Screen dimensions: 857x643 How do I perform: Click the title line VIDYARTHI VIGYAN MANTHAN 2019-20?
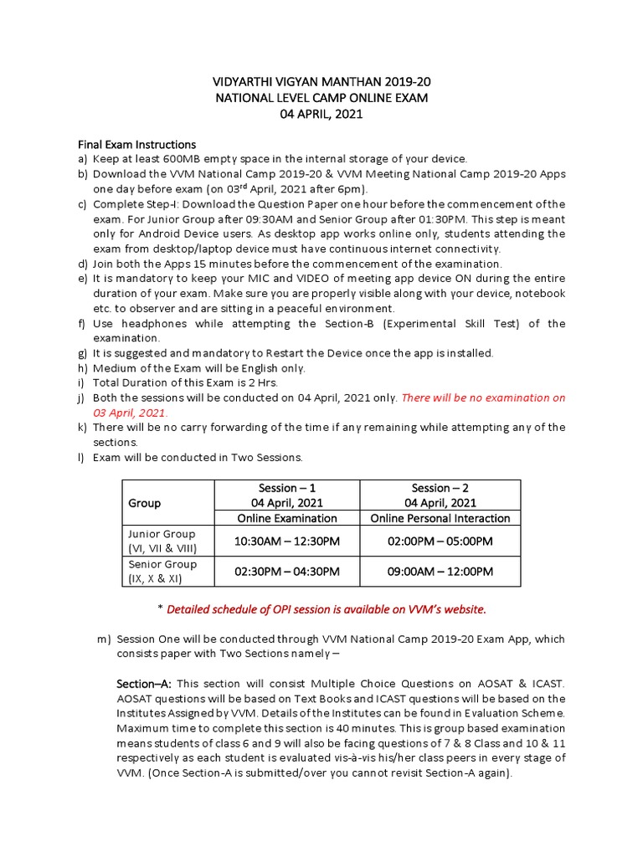coord(321,82)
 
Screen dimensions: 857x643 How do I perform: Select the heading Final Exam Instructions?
coord(137,144)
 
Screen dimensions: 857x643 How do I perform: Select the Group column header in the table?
coord(144,503)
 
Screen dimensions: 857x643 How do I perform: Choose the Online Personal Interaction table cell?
coord(440,518)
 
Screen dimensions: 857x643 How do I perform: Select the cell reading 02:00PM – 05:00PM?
coord(440,541)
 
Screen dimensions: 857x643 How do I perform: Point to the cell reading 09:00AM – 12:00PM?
coord(440,572)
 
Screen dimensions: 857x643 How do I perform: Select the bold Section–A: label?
coord(143,684)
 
